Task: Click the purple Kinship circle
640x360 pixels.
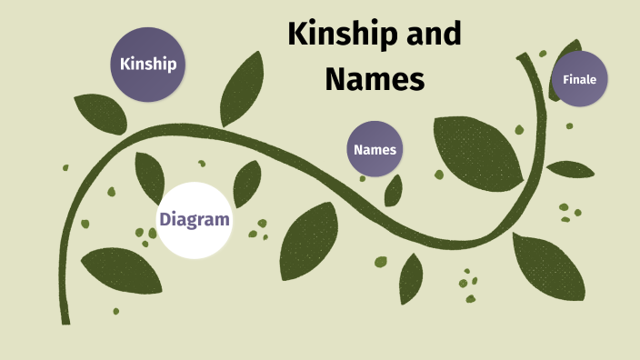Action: [x=148, y=64]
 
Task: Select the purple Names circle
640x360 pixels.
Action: [x=375, y=149]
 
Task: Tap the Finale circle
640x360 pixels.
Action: [x=579, y=79]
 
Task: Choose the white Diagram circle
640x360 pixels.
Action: [x=194, y=219]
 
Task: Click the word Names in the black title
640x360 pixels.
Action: [x=375, y=79]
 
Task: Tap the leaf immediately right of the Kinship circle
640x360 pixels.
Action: [x=240, y=88]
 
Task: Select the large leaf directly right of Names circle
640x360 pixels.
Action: [x=476, y=149]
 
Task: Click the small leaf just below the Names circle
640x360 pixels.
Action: [x=393, y=190]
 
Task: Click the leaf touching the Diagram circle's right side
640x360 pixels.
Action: [x=246, y=185]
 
